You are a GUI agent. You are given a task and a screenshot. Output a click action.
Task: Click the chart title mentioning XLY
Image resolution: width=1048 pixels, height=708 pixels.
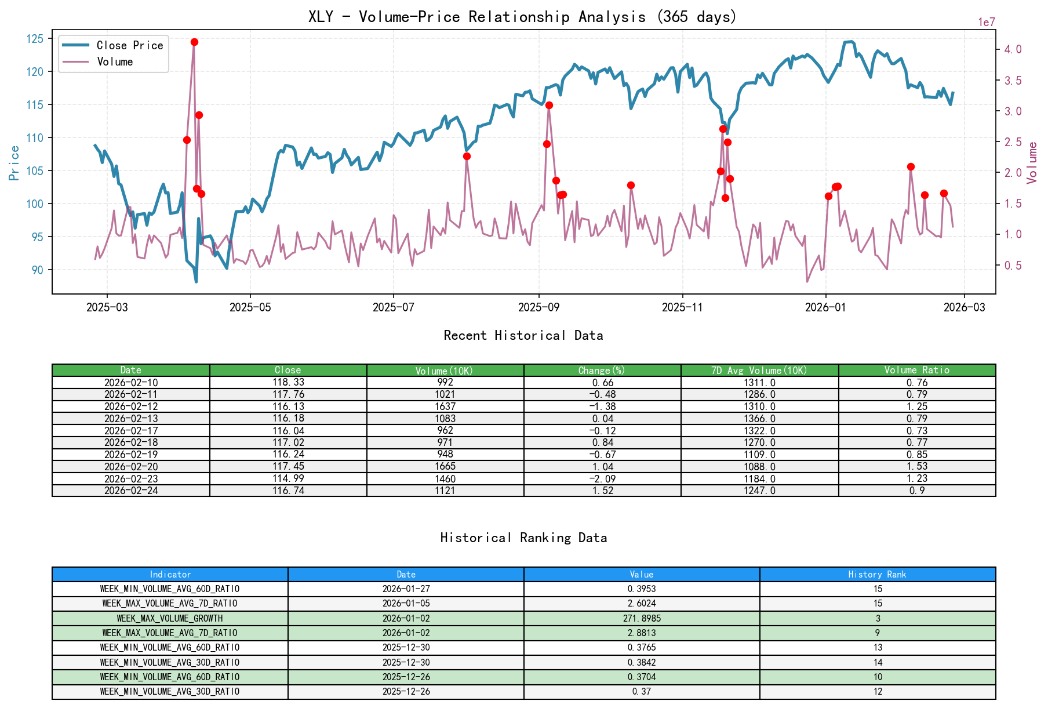pyautogui.click(x=522, y=17)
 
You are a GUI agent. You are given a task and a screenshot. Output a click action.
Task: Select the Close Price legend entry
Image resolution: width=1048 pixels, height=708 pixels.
pyautogui.click(x=129, y=45)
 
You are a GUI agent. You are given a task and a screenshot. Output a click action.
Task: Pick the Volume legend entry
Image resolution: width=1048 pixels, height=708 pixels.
pyautogui.click(x=115, y=61)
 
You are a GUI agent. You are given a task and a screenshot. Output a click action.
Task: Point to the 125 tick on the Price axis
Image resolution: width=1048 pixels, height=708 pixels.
pyautogui.click(x=35, y=39)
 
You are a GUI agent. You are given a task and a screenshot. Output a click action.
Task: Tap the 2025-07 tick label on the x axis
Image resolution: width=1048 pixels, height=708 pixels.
pyautogui.click(x=394, y=307)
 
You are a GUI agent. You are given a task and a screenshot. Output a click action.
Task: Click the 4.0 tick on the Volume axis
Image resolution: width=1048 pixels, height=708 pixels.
pyautogui.click(x=1013, y=49)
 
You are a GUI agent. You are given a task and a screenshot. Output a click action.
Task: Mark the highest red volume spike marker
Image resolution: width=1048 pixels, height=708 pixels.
pyautogui.click(x=194, y=42)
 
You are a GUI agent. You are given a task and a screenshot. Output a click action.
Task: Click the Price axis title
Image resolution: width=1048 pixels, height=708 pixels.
pyautogui.click(x=14, y=162)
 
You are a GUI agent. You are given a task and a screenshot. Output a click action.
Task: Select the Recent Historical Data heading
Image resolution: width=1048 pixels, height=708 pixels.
pyautogui.click(x=523, y=335)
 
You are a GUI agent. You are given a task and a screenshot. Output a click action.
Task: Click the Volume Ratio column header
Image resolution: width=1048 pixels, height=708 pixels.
pyautogui.click(x=916, y=370)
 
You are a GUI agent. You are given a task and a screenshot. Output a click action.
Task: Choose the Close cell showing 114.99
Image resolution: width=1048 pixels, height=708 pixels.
pyautogui.click(x=288, y=478)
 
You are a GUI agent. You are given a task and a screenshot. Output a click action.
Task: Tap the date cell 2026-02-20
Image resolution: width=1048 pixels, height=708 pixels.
pyautogui.click(x=131, y=466)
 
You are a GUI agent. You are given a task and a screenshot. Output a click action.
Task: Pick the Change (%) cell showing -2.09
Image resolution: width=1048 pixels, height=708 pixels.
pyautogui.click(x=602, y=478)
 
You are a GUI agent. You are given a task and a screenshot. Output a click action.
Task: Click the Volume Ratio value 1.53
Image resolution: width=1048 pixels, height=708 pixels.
pyautogui.click(x=916, y=466)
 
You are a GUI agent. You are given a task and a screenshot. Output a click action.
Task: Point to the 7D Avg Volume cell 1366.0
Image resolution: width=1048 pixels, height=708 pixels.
pyautogui.click(x=759, y=418)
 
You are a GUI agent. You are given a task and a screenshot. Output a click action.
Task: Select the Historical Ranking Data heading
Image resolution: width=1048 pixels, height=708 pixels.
pyautogui.click(x=523, y=538)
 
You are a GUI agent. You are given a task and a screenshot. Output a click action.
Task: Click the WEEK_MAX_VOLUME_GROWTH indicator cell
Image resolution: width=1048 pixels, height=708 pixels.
pyautogui.click(x=170, y=618)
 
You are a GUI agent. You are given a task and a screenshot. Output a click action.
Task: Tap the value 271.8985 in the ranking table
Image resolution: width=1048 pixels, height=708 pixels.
pyautogui.click(x=642, y=618)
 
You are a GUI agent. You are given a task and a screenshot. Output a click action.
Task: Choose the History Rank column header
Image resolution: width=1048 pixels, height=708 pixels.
pyautogui.click(x=877, y=574)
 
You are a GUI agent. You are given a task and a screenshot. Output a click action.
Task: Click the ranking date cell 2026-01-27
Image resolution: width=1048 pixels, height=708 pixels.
pyautogui.click(x=406, y=589)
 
